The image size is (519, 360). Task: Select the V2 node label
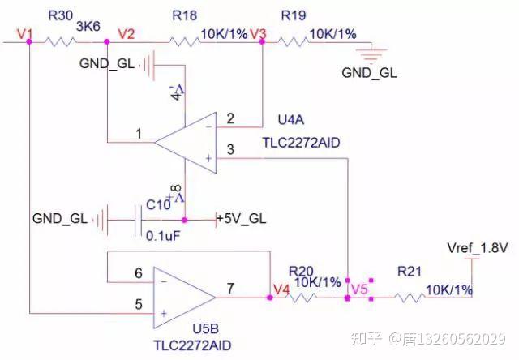[127, 34]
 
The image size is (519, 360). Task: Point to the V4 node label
[281, 289]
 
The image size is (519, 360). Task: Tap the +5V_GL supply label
[242, 219]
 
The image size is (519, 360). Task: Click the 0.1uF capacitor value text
[163, 236]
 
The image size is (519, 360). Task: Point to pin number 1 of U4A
[139, 134]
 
